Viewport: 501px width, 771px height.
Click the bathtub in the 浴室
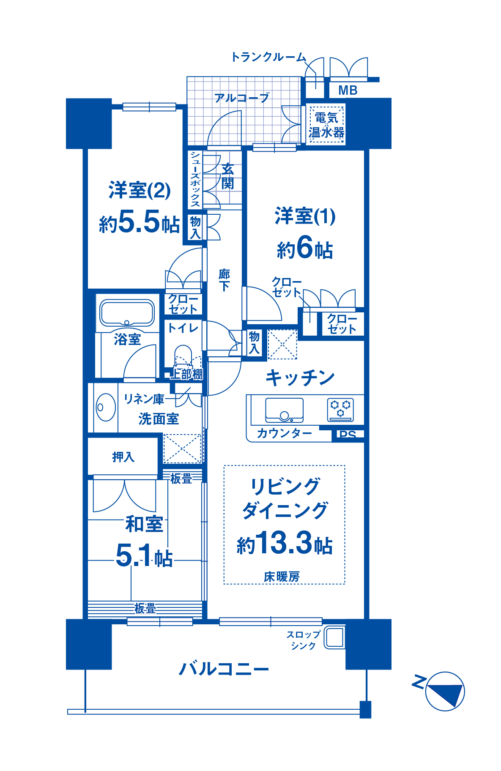click(x=127, y=313)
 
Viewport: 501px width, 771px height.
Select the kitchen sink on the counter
click(x=284, y=410)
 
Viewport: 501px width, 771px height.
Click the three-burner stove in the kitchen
click(x=340, y=409)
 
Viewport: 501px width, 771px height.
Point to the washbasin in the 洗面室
click(x=105, y=407)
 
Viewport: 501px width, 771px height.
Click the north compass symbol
click(x=445, y=692)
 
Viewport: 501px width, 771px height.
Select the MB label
click(x=348, y=90)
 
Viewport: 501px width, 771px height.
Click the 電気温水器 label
click(x=326, y=125)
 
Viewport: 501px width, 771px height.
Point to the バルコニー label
click(x=224, y=669)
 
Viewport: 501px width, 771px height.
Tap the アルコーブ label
click(x=242, y=98)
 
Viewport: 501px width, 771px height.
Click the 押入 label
click(x=123, y=457)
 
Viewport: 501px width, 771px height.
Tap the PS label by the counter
click(x=348, y=435)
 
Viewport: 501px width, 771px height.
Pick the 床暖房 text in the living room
click(x=282, y=577)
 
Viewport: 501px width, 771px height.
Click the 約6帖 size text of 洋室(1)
click(x=305, y=248)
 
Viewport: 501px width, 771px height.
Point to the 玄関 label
click(x=227, y=176)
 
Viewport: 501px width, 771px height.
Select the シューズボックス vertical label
click(x=195, y=179)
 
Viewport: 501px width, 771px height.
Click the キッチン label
click(x=300, y=377)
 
